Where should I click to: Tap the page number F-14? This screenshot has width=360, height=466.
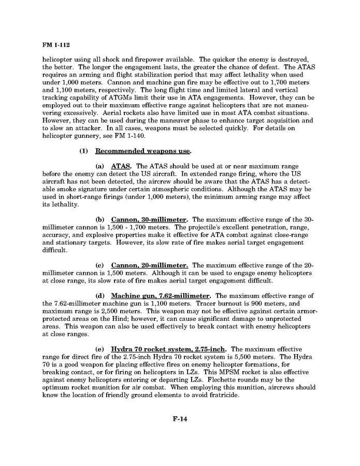(x=180, y=419)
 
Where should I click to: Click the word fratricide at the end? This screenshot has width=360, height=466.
(x=223, y=395)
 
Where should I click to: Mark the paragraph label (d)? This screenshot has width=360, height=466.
(x=100, y=296)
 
